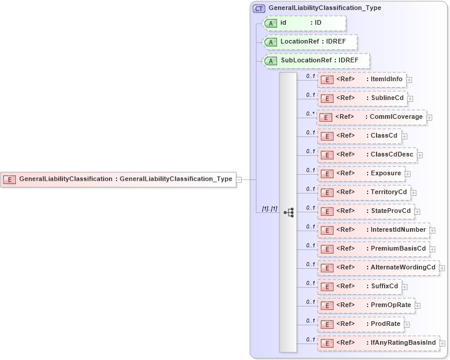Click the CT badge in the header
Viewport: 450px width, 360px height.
pyautogui.click(x=259, y=8)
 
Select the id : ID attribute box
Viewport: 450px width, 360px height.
pyautogui.click(x=304, y=23)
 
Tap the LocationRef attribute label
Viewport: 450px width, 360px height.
pyautogui.click(x=301, y=42)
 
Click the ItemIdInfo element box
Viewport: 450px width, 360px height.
pyautogui.click(x=362, y=79)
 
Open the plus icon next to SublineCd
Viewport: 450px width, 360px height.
pyautogui.click(x=411, y=99)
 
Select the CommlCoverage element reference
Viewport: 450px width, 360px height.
pyautogui.click(x=371, y=117)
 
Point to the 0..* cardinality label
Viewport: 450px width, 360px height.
pyautogui.click(x=311, y=114)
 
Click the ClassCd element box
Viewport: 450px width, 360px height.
pyautogui.click(x=359, y=136)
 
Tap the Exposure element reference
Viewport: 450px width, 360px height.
pyautogui.click(x=361, y=174)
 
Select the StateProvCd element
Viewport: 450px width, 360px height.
pyautogui.click(x=365, y=211)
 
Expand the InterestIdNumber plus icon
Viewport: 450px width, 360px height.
pyautogui.click(x=432, y=231)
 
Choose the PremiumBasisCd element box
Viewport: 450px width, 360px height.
pyautogui.click(x=373, y=249)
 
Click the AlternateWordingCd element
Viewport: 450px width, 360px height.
pyautogui.click(x=378, y=268)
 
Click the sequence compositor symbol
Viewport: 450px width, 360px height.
pyautogui.click(x=288, y=212)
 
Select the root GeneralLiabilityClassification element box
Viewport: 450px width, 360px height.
pyautogui.click(x=118, y=179)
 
